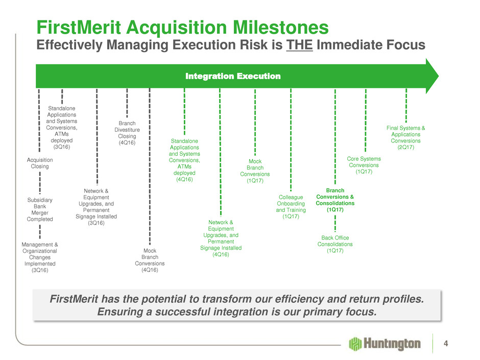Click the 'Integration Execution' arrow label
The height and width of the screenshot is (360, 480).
[x=233, y=77]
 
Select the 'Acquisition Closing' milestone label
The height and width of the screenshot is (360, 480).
[x=39, y=163]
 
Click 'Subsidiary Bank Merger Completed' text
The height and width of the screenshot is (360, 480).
[x=39, y=209]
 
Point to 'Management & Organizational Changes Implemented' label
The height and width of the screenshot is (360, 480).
[x=39, y=257]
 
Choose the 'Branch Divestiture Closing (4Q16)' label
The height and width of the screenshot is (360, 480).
[x=127, y=133]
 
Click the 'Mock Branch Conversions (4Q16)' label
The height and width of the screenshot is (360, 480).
[x=150, y=260]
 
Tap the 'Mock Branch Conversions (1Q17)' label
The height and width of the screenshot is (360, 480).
[x=255, y=171]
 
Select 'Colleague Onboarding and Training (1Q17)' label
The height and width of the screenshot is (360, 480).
[x=291, y=207]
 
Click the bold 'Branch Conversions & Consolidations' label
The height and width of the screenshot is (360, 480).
[x=335, y=200]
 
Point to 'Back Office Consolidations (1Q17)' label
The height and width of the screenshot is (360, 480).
[x=335, y=244]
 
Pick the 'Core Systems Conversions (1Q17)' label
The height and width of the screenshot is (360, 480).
[x=364, y=165]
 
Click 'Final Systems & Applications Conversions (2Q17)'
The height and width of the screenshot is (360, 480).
[x=406, y=137]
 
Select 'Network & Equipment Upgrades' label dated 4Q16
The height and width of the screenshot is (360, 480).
[x=221, y=238]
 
